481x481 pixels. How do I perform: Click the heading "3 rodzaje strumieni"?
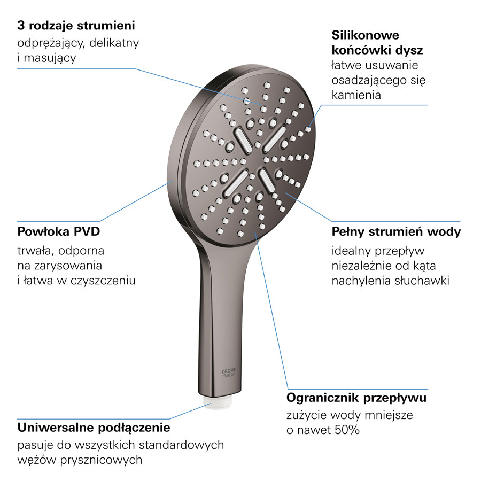point(76,25)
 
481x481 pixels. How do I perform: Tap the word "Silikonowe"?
point(366,36)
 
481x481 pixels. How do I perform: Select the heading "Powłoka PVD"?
point(59,232)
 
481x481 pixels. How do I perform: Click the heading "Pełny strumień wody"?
point(396,232)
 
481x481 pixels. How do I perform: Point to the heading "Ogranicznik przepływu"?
point(356,398)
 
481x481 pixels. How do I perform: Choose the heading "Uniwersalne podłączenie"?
point(94,428)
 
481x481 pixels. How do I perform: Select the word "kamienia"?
point(356,95)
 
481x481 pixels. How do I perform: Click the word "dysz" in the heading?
point(409,51)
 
